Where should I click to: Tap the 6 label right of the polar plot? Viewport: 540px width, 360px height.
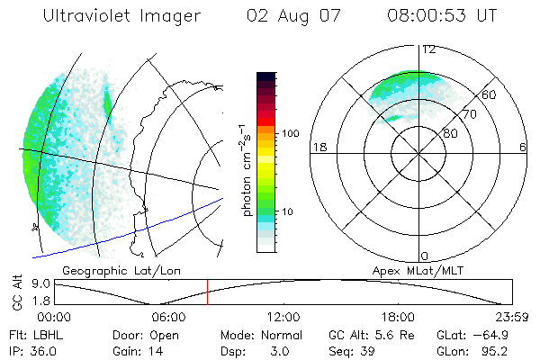click(523, 147)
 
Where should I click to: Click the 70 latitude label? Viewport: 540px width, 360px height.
click(468, 115)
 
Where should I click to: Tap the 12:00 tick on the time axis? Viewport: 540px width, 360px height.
click(283, 316)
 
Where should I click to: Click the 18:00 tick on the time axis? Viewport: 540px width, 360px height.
click(398, 316)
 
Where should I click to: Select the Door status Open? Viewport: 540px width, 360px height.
click(156, 334)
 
